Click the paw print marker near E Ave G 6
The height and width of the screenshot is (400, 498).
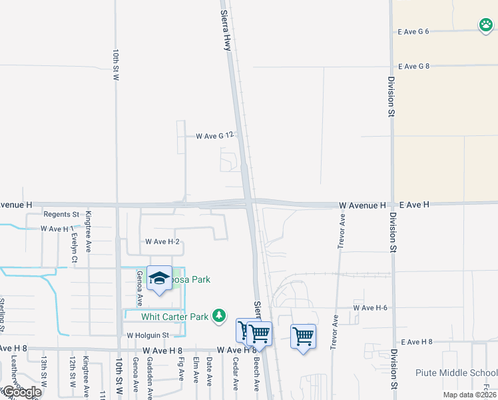point(486,25)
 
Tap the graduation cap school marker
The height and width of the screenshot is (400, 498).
point(160,278)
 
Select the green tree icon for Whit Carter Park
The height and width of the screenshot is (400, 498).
point(218,315)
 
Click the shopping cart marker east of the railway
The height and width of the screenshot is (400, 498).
point(303,336)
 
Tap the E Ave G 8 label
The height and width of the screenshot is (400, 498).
point(414,67)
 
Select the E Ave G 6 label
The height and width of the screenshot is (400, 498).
point(414,31)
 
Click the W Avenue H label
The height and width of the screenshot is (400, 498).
point(362,205)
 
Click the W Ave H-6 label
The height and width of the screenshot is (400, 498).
point(371,308)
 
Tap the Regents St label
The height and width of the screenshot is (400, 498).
point(61,215)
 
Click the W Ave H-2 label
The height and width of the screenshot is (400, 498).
point(162,242)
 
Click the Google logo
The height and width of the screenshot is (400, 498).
point(21,392)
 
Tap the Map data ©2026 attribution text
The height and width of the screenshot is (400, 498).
point(469,394)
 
